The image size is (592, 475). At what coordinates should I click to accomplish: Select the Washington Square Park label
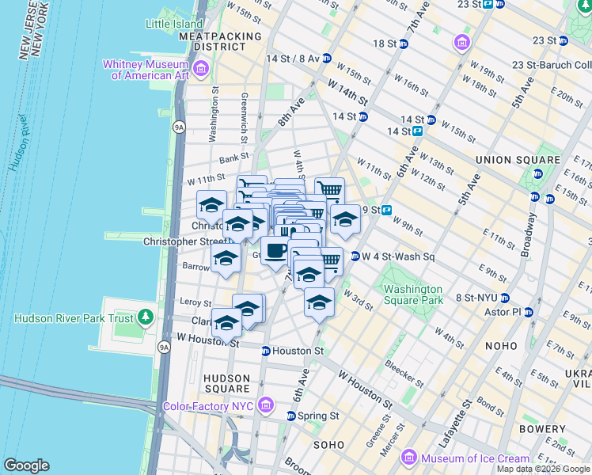(x=413, y=295)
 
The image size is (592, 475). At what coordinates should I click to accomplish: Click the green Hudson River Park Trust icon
(x=144, y=318)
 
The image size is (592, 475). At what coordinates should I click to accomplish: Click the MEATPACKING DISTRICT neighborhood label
(x=220, y=41)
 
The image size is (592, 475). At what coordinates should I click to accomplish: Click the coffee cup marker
(x=275, y=252)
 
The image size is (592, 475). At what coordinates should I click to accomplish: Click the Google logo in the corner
(x=26, y=465)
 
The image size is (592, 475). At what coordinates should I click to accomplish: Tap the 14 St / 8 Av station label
(x=293, y=59)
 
